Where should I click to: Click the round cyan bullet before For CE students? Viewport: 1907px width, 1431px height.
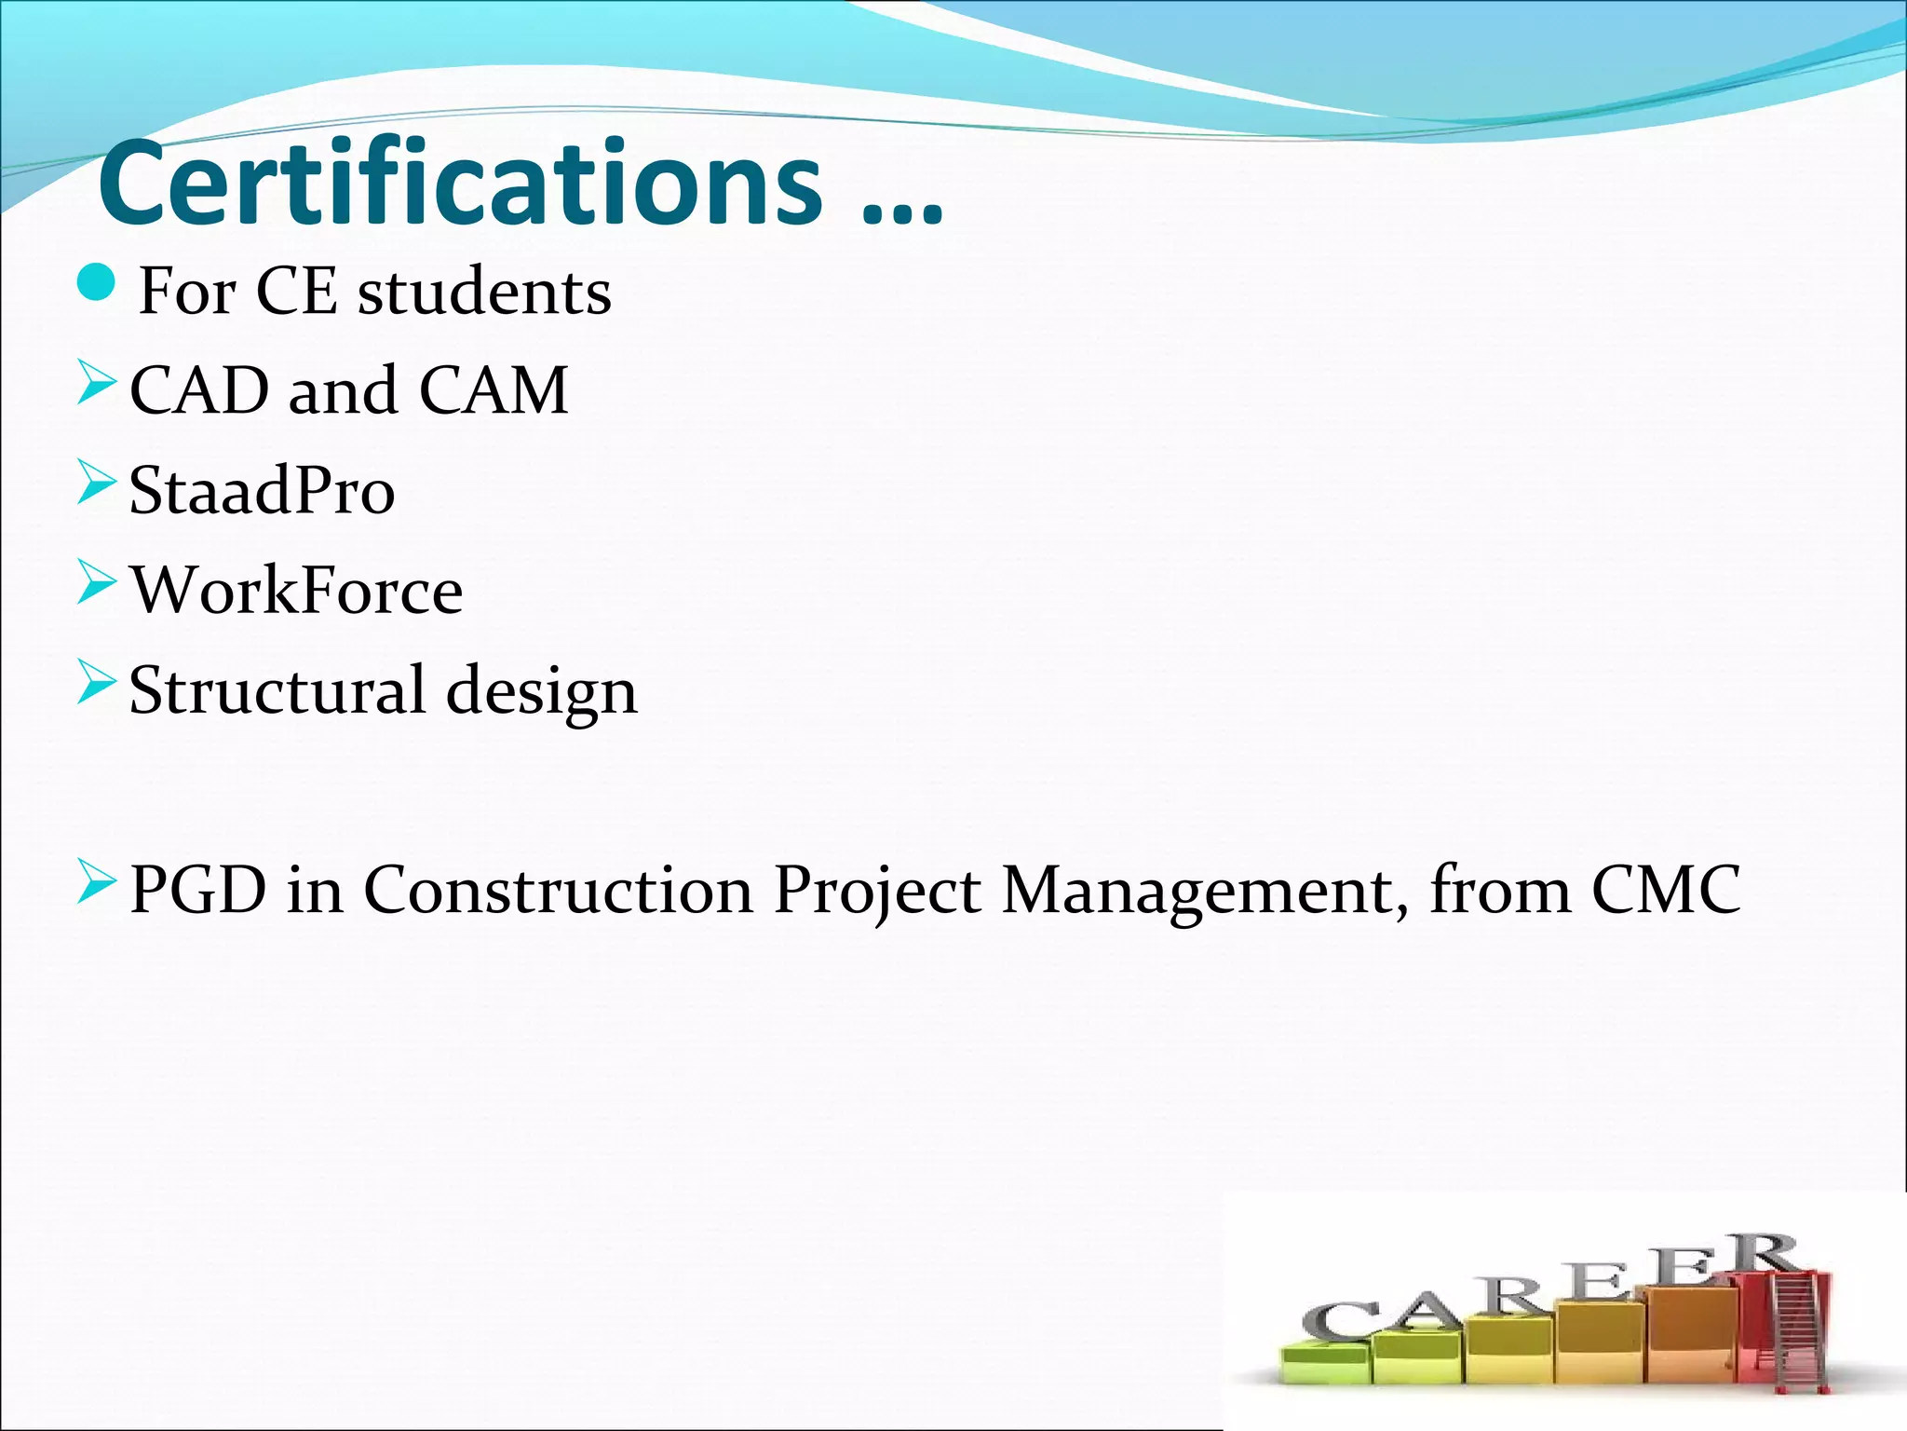[96, 282]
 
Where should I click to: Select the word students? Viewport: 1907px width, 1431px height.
[484, 292]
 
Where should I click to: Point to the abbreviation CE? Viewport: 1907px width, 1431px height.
[295, 292]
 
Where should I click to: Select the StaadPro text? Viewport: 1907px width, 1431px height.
[262, 491]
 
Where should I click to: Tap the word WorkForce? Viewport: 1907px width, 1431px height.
[296, 591]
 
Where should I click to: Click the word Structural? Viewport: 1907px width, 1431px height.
[277, 690]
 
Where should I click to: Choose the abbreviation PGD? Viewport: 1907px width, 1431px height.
[198, 890]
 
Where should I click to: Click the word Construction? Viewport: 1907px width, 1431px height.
[558, 890]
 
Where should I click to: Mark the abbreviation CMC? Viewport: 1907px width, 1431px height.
[1666, 890]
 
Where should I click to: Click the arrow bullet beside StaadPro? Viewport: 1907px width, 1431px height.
[96, 482]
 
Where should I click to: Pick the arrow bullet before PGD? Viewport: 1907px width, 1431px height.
[96, 881]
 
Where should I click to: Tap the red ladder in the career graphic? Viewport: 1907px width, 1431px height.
[1792, 1323]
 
